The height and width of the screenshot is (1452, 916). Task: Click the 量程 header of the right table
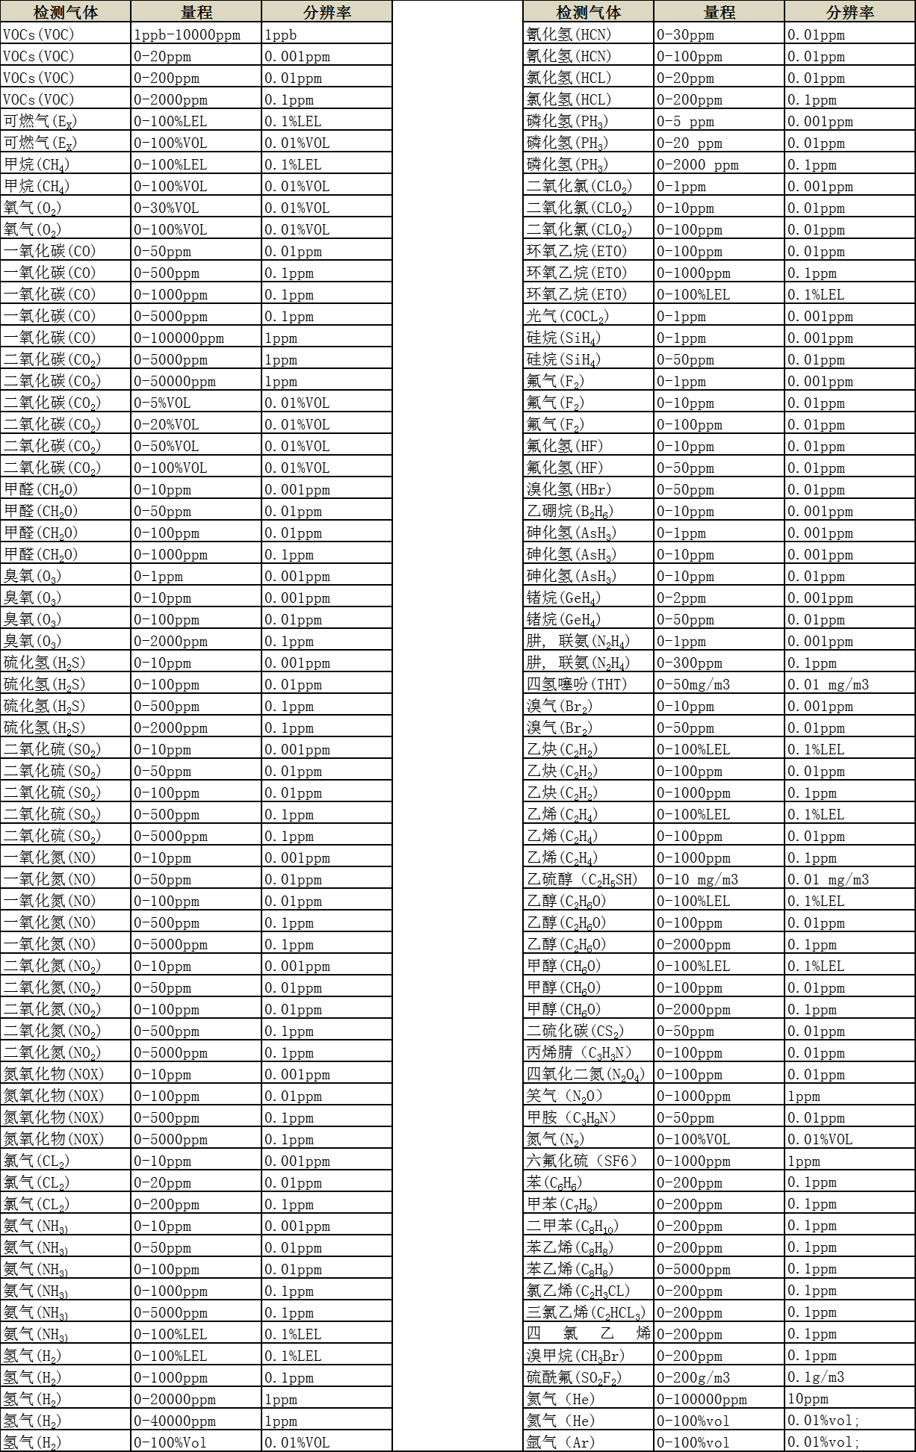(719, 12)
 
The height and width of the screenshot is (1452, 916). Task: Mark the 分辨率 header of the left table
(327, 12)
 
